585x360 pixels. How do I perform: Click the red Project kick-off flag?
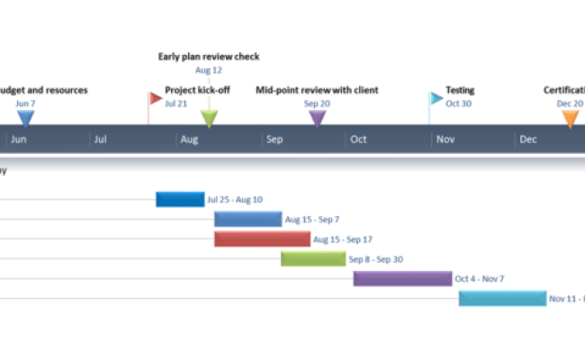pyautogui.click(x=156, y=97)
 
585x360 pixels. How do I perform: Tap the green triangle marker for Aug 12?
pyautogui.click(x=209, y=118)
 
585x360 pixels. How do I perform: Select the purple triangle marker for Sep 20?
pyautogui.click(x=317, y=118)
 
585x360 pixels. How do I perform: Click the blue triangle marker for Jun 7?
pyautogui.click(x=26, y=118)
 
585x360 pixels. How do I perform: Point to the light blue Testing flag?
pyautogui.click(x=436, y=97)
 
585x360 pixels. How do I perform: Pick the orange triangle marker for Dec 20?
pyautogui.click(x=569, y=118)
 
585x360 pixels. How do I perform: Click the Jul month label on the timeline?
pyautogui.click(x=101, y=139)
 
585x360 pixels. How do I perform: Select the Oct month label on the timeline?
pyautogui.click(x=358, y=139)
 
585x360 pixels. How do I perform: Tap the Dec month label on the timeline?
pyautogui.click(x=528, y=139)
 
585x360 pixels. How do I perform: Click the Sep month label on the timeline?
pyautogui.click(x=274, y=139)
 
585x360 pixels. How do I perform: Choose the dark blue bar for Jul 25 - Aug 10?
pyautogui.click(x=180, y=199)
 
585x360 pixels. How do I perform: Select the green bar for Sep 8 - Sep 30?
pyautogui.click(x=312, y=258)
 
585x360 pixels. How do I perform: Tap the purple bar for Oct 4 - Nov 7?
pyautogui.click(x=401, y=278)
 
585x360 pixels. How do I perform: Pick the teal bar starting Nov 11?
pyautogui.click(x=502, y=298)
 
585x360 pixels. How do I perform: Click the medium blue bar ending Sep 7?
pyautogui.click(x=247, y=219)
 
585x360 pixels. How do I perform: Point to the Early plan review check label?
pyautogui.click(x=209, y=57)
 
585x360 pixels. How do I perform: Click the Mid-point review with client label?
pyautogui.click(x=317, y=90)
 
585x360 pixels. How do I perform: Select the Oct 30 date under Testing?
pyautogui.click(x=458, y=103)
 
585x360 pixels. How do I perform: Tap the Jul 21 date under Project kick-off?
pyautogui.click(x=176, y=103)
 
